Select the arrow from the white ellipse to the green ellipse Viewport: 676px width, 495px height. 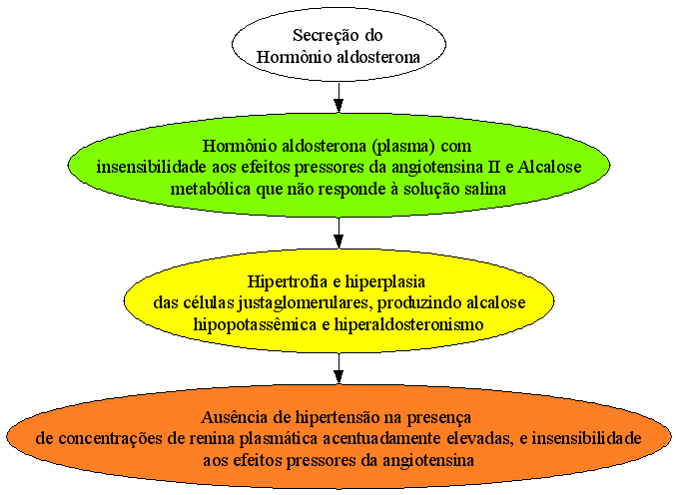click(338, 98)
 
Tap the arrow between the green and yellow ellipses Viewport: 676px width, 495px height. click(338, 233)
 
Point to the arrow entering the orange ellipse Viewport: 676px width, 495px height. click(338, 369)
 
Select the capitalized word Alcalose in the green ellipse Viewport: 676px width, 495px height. click(549, 167)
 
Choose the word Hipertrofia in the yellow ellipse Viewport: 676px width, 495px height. click(288, 281)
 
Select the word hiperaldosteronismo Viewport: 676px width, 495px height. click(408, 324)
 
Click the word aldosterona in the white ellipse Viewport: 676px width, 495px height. click(378, 57)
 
